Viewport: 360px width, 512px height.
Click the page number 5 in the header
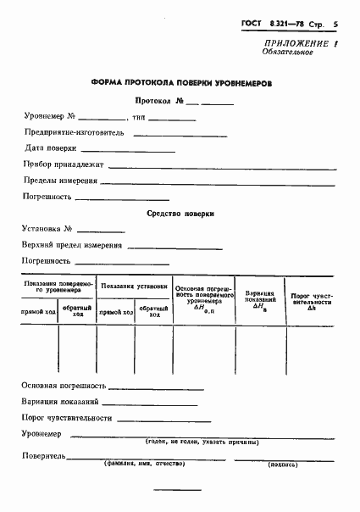click(335, 26)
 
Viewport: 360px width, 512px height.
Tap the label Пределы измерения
click(60, 180)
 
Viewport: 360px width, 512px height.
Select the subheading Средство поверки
click(180, 214)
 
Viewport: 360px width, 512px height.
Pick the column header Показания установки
click(134, 287)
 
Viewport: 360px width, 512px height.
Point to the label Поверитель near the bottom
click(45, 456)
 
